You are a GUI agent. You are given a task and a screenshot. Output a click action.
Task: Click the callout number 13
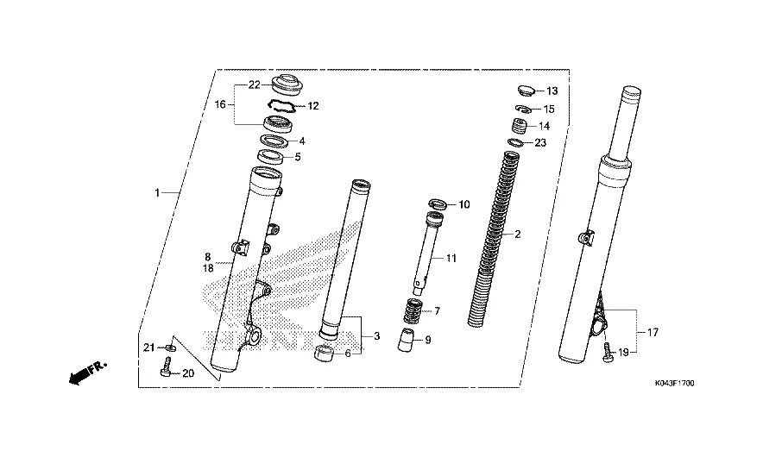click(552, 91)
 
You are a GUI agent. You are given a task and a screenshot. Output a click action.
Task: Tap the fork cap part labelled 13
click(526, 90)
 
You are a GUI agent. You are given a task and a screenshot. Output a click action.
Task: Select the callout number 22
click(254, 85)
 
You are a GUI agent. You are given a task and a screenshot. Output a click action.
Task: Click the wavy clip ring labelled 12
click(281, 105)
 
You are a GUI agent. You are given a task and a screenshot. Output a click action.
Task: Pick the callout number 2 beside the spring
click(517, 234)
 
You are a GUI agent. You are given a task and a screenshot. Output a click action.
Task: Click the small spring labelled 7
click(413, 311)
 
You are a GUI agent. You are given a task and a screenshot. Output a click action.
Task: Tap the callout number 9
click(428, 340)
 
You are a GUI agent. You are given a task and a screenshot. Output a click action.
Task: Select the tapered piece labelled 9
click(406, 340)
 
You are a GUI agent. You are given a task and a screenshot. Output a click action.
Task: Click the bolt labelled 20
click(165, 367)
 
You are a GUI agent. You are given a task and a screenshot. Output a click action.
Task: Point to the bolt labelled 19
click(608, 353)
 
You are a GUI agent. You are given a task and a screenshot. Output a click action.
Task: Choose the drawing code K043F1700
click(674, 384)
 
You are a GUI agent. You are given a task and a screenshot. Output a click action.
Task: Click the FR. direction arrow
click(87, 372)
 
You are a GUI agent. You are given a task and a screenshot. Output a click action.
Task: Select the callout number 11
click(451, 258)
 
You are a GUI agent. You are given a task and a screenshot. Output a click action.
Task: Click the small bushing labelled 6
click(324, 354)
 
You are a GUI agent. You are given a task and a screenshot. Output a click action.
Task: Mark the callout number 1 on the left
click(157, 193)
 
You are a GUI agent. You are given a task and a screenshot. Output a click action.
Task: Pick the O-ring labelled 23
click(515, 142)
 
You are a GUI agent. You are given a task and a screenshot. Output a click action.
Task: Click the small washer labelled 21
click(169, 347)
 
